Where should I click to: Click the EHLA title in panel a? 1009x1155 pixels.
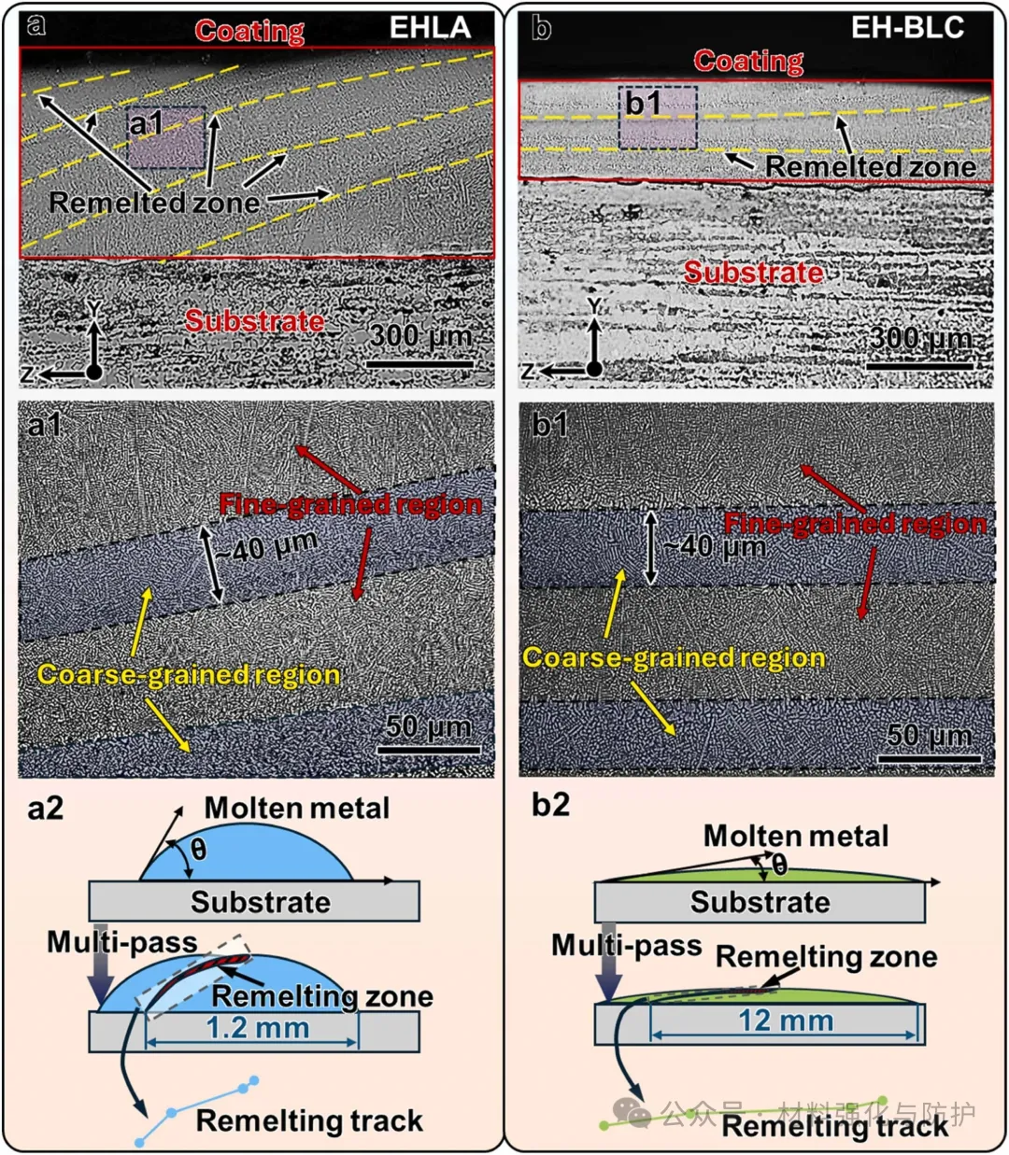tap(430, 27)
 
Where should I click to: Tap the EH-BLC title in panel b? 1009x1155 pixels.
tap(907, 27)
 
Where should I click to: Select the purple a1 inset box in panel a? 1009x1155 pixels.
tap(166, 137)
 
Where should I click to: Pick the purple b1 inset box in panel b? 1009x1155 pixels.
tap(658, 118)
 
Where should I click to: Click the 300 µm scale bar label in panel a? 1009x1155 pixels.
tap(420, 336)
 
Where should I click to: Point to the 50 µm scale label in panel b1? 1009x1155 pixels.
tap(929, 735)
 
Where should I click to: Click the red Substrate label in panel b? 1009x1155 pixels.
tap(753, 273)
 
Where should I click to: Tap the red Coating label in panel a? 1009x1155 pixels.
tap(249, 31)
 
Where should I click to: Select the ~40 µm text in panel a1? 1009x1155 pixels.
tap(266, 546)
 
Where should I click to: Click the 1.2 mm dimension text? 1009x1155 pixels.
tap(258, 1027)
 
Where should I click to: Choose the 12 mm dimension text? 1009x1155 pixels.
tap(786, 1021)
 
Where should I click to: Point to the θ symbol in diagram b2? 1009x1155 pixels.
tap(779, 865)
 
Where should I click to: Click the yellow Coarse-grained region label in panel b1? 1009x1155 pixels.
tap(673, 657)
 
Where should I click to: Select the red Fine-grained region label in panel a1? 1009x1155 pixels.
tap(350, 504)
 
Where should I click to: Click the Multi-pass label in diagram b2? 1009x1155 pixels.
tap(626, 945)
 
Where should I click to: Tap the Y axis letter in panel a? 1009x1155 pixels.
tap(93, 309)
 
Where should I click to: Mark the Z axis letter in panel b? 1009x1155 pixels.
tap(528, 372)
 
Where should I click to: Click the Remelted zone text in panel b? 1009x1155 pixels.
tap(870, 166)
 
